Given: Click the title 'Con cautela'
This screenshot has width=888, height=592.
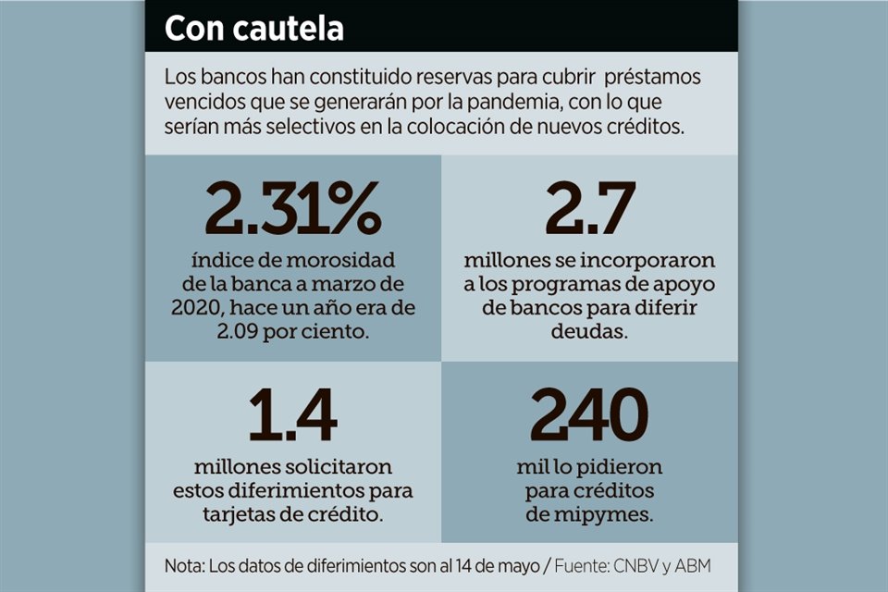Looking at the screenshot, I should [254, 28].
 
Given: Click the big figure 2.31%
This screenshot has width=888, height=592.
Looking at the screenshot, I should [293, 210].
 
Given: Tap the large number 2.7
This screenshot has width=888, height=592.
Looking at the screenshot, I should [590, 210].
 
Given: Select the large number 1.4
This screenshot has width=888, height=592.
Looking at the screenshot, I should [293, 417].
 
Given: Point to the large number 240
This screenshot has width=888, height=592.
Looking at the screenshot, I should [590, 417].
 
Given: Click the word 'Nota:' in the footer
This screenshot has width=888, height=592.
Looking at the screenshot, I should [186, 566].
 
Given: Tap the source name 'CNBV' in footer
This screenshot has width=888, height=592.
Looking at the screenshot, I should [646, 566].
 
